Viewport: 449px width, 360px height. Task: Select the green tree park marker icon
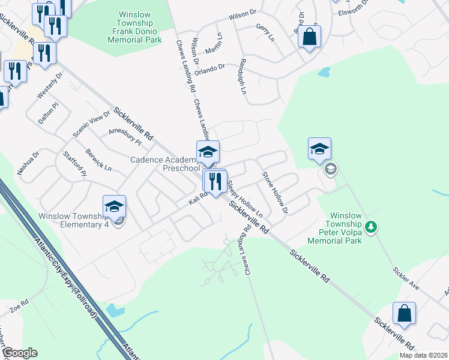[372, 227]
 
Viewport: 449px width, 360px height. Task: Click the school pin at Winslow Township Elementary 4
[114, 208]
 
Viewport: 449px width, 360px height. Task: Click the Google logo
[19, 353]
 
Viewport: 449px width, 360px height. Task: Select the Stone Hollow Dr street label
[274, 193]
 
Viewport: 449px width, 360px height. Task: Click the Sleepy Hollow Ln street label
[247, 197]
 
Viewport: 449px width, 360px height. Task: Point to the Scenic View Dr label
[91, 123]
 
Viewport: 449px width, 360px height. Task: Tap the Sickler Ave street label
[406, 279]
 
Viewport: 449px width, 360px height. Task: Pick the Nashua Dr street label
[28, 163]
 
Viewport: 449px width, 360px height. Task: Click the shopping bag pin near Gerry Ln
[309, 38]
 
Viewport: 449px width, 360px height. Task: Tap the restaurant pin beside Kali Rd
[214, 182]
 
